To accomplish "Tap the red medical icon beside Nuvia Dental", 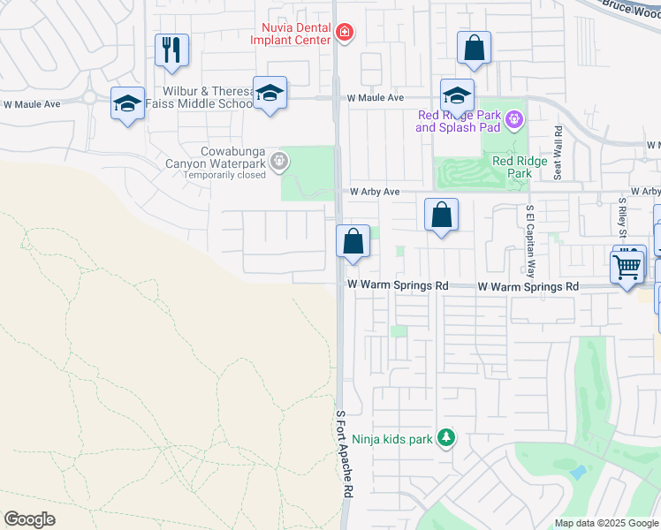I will click(x=344, y=34).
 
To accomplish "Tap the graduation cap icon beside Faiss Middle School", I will click(x=270, y=93).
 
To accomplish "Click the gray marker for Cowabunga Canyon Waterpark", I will click(x=279, y=160).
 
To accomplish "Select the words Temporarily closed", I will click(x=224, y=175).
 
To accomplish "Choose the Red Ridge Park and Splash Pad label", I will click(x=459, y=121).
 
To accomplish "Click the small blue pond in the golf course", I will click(x=578, y=472).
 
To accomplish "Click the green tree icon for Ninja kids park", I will click(x=446, y=437).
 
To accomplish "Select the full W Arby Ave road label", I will click(x=375, y=192).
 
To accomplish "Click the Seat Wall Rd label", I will click(x=558, y=153).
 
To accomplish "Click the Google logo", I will click(x=29, y=519).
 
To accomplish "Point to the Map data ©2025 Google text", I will click(x=606, y=523).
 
